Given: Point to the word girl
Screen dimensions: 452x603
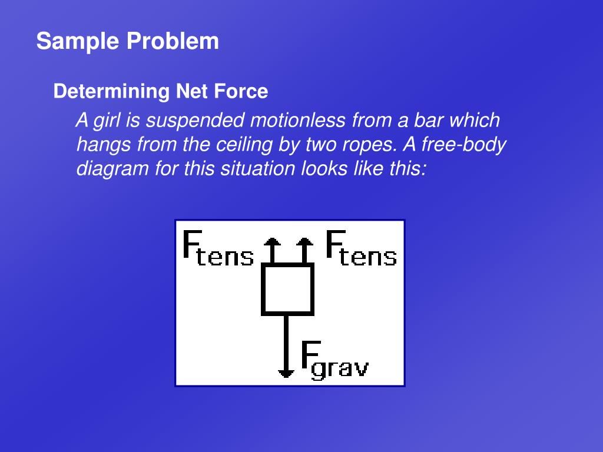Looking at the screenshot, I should (109, 121).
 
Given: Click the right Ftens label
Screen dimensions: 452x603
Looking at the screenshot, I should (361, 248).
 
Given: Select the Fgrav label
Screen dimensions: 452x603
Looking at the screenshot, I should (334, 360).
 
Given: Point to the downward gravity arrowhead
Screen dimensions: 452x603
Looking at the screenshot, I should (286, 372).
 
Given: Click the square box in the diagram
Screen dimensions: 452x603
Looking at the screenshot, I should (287, 289).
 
